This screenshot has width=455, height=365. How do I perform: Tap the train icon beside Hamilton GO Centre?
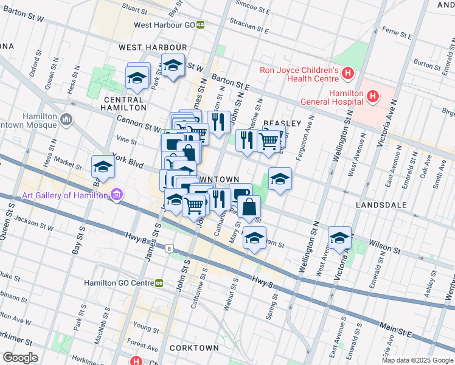click(x=159, y=282)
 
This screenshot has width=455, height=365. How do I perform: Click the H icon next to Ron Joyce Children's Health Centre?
click(x=347, y=74)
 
